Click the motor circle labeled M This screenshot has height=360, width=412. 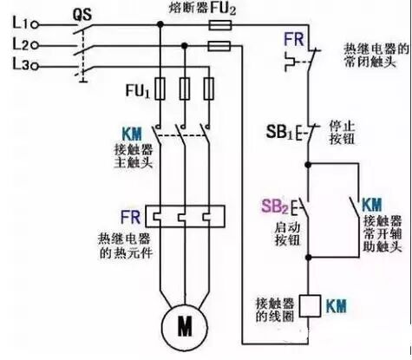[x=184, y=326]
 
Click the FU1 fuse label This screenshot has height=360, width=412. [x=139, y=89]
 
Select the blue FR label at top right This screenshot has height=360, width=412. [x=292, y=41]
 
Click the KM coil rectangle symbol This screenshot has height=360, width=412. [x=308, y=305]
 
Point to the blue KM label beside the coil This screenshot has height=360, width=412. [x=336, y=305]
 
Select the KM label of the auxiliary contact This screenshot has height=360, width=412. [x=372, y=205]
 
